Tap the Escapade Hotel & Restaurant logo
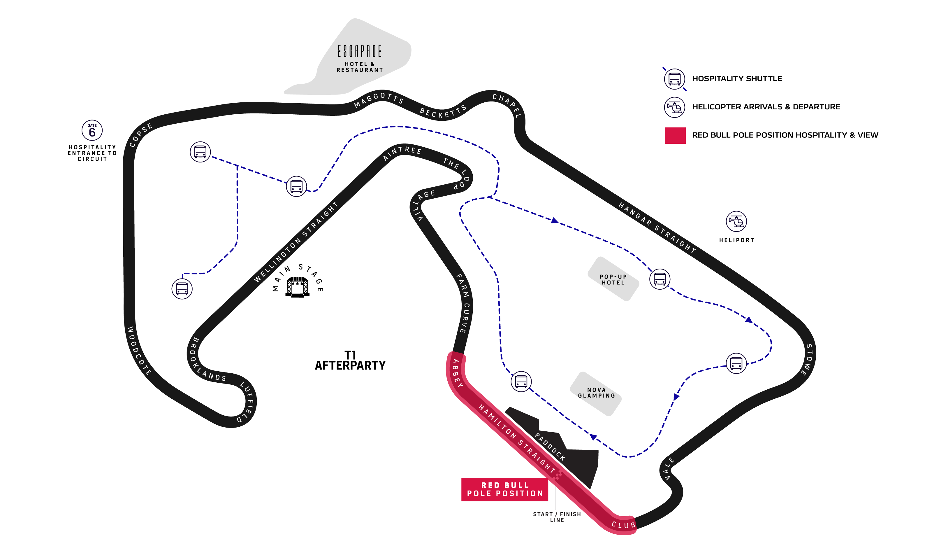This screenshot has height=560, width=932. tap(359, 57)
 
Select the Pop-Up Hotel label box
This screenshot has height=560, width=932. tap(613, 279)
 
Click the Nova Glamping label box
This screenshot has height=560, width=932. tap(596, 393)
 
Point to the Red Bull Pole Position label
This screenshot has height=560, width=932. tap(505, 489)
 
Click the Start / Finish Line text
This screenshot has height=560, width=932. tap(557, 517)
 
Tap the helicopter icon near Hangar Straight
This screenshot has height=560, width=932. tap(736, 221)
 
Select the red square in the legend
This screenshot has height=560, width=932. tap(675, 135)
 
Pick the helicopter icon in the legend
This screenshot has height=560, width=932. tap(674, 107)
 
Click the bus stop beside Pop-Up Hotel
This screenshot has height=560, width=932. tap(660, 279)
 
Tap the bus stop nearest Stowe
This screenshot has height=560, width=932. tap(736, 363)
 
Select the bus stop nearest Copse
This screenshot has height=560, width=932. tap(200, 152)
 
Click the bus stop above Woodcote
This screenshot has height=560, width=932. tap(182, 289)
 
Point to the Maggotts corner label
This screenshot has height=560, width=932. tap(379, 100)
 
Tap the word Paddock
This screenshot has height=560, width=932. tap(550, 447)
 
